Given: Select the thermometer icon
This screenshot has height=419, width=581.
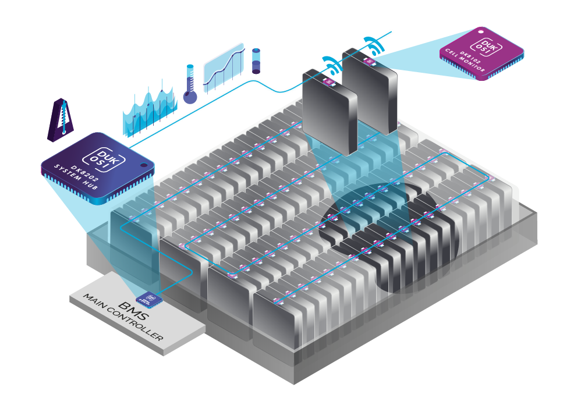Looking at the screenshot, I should point(189,84).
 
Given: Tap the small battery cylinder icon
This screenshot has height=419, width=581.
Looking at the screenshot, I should point(256,61).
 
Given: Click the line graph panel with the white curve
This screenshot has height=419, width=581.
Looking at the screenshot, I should point(222,65).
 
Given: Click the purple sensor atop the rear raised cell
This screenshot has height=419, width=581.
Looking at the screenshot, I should point(368,61).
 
